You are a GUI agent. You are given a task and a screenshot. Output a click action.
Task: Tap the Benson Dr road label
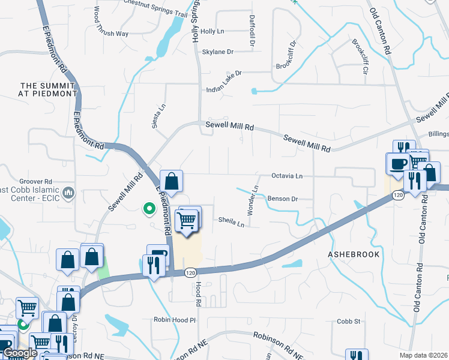point(283,198)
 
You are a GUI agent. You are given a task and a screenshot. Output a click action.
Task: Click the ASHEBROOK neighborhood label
point(354,254)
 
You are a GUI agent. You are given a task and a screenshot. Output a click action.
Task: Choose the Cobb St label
point(348,322)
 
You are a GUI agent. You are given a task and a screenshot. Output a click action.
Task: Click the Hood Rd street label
point(197,294)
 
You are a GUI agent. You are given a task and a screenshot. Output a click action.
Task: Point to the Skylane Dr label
point(217,52)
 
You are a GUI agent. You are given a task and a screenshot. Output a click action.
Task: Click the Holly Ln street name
point(212,31)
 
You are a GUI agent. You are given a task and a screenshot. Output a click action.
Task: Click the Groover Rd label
point(37,181)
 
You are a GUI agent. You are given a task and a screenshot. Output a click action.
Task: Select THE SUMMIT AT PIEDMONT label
point(49,90)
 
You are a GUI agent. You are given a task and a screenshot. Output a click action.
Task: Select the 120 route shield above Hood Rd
point(190,273)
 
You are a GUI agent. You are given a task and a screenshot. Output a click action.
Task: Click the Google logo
point(20,353)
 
